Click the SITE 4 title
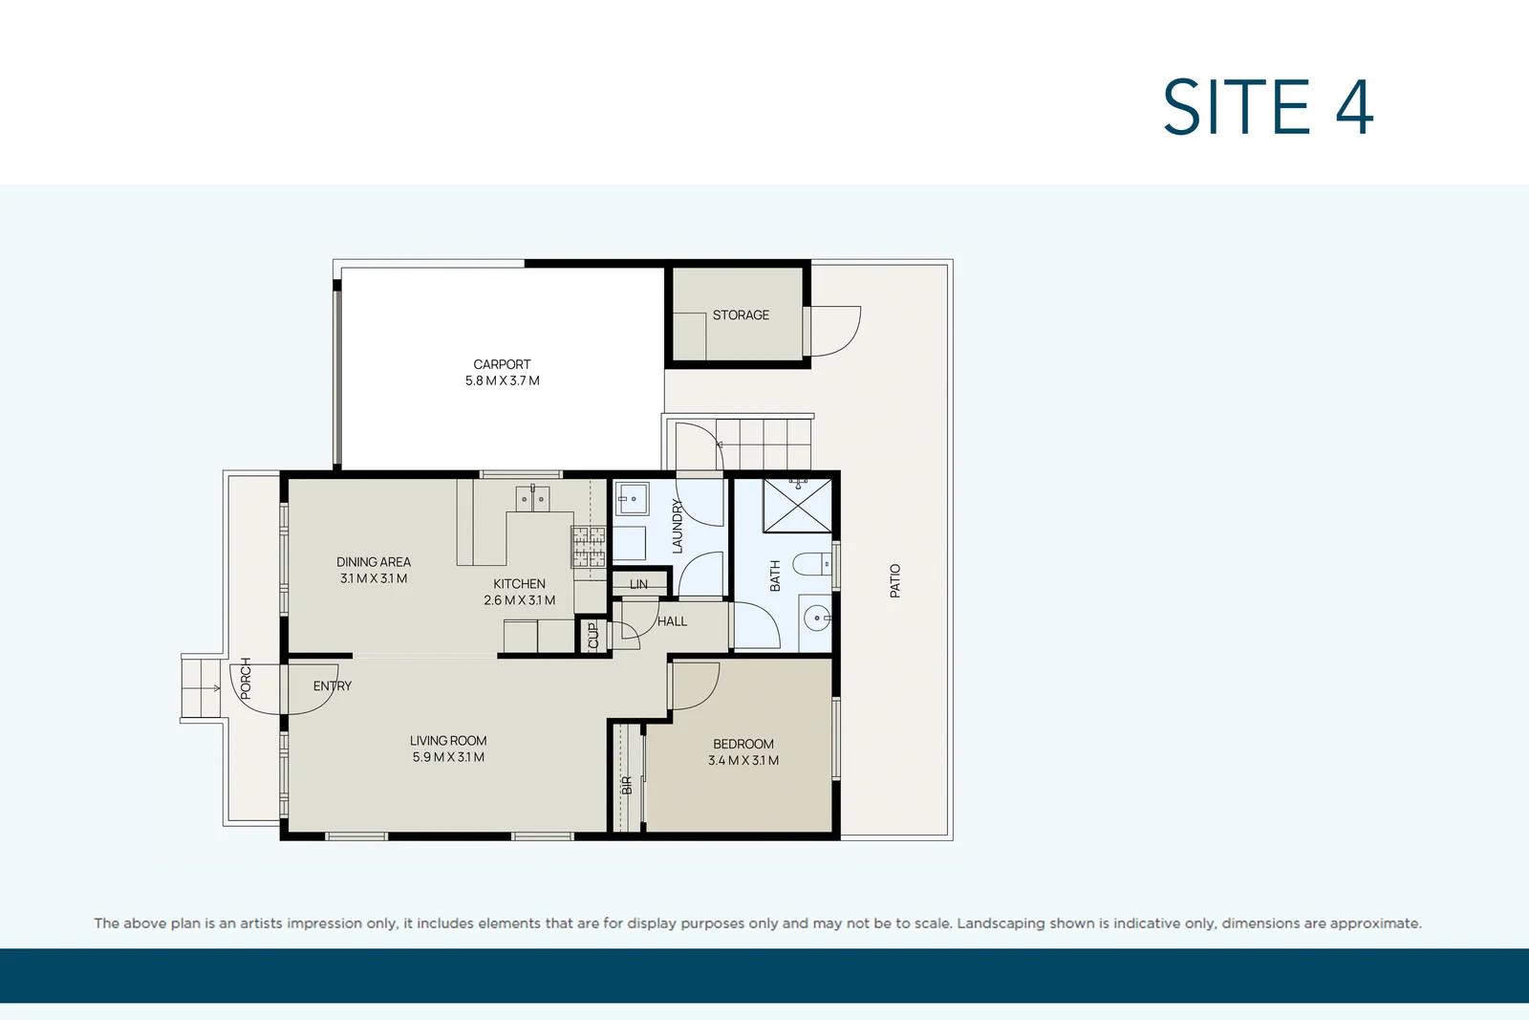1267,107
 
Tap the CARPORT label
502,364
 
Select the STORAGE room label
741,315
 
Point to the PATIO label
895,580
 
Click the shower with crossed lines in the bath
797,506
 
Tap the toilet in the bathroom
812,565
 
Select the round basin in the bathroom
816,619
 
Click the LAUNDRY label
678,526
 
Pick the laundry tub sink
631,499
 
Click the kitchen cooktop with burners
589,547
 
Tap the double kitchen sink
532,499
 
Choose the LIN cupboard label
638,584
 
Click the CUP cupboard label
593,636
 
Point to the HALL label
672,621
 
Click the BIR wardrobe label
627,785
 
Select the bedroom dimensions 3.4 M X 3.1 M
743,761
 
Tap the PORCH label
246,678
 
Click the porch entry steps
202,687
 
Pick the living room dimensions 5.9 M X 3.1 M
448,757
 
